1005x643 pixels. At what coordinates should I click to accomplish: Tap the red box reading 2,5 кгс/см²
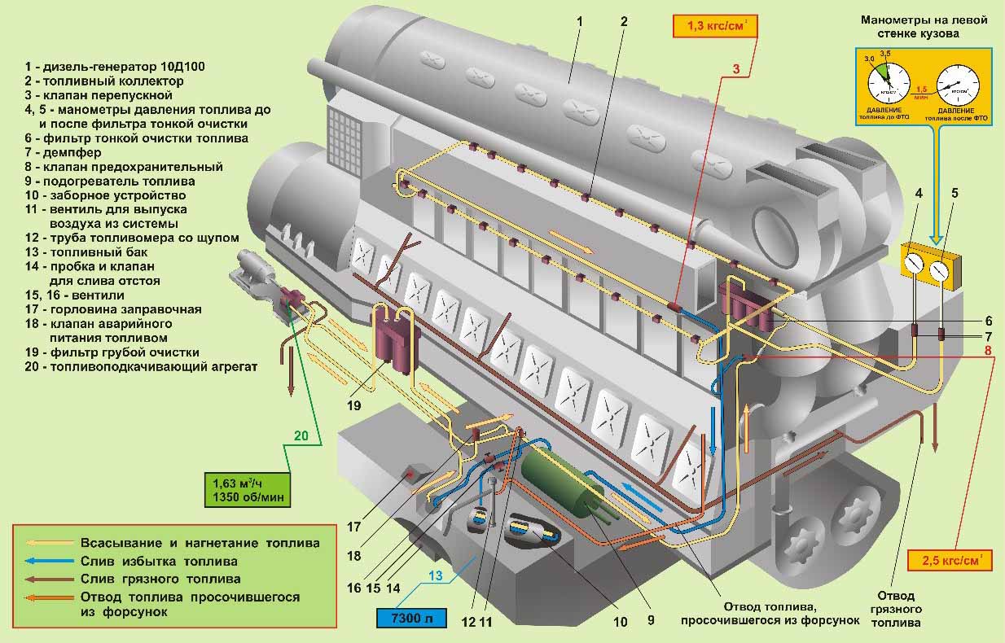[949, 561]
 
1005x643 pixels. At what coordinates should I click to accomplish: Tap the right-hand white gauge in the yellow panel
[942, 269]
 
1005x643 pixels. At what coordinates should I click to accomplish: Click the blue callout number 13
[437, 575]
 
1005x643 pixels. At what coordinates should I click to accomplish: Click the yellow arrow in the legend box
[49, 542]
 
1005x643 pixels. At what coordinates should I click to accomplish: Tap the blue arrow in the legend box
[49, 561]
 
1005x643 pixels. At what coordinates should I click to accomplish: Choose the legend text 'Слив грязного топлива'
[160, 579]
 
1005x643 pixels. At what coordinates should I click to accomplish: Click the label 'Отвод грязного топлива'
[896, 609]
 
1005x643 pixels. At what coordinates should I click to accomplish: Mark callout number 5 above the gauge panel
[955, 194]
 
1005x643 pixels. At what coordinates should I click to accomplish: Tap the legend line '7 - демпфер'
[62, 152]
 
